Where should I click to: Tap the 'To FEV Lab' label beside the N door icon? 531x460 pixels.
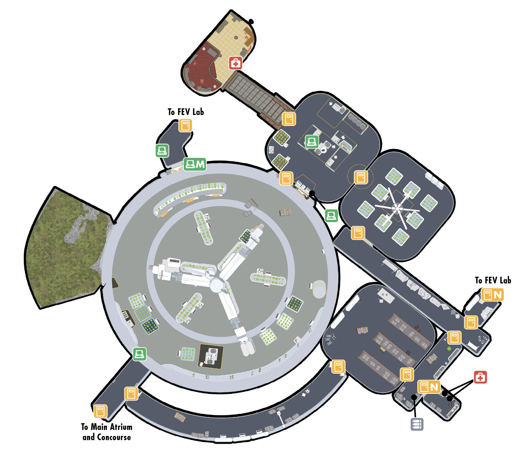(x=493, y=280)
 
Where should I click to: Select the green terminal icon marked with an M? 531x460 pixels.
(x=195, y=164)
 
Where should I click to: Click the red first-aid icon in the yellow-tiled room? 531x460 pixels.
(x=235, y=63)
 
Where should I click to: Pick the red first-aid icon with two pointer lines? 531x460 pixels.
(x=480, y=377)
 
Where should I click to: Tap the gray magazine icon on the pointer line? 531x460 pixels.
(x=417, y=424)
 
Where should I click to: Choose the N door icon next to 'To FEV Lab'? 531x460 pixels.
(x=492, y=295)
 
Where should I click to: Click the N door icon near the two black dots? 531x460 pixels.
(x=429, y=387)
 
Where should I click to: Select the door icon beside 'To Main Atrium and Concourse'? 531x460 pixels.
(x=100, y=411)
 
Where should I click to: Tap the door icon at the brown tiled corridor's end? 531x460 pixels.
(x=289, y=119)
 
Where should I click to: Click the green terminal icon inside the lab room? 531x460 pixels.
(x=312, y=142)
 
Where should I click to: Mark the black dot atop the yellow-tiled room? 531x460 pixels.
(x=251, y=22)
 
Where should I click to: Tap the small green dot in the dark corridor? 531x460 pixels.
(x=449, y=349)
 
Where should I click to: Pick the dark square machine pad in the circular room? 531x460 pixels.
(x=211, y=356)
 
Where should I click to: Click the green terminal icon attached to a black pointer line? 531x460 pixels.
(x=331, y=215)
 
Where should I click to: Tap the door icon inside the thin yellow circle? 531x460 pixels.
(x=361, y=177)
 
